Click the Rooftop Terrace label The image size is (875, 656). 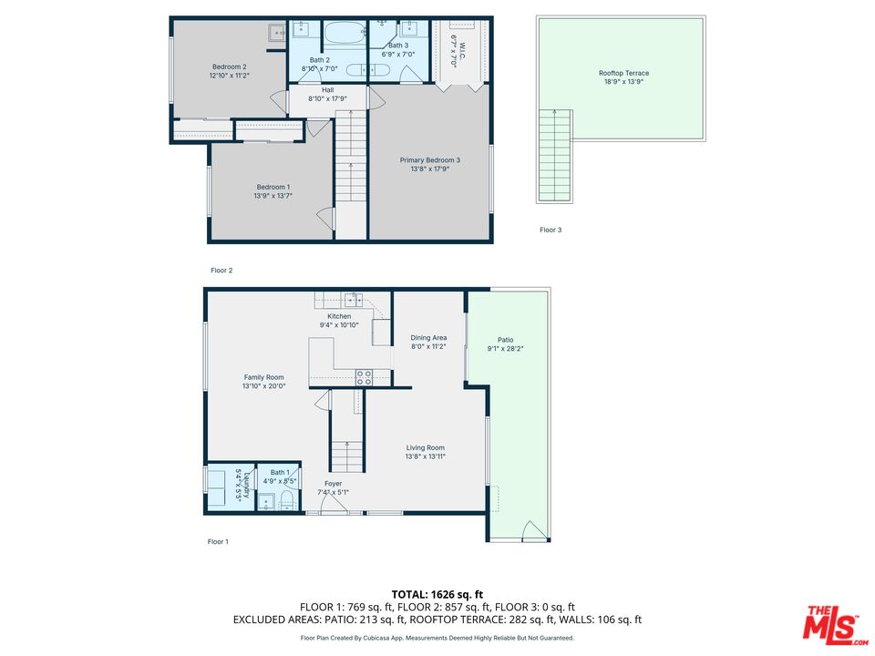click(623, 73)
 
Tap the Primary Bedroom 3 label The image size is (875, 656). click(429, 160)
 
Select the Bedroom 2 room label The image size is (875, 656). click(230, 67)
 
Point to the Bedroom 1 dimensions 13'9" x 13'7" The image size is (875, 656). click(273, 196)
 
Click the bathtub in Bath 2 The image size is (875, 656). click(345, 34)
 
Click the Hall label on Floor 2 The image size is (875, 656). click(327, 90)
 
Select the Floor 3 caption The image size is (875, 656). click(551, 230)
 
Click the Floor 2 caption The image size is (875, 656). click(221, 271)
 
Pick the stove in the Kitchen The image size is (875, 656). click(365, 377)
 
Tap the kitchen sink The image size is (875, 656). click(354, 300)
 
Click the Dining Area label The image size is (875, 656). click(428, 337)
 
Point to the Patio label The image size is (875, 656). click(506, 340)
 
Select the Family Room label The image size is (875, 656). click(264, 377)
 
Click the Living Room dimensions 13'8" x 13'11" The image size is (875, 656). click(426, 456)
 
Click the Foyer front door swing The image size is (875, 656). click(334, 503)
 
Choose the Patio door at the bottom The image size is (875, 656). click(534, 530)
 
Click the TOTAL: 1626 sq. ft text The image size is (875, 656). click(437, 595)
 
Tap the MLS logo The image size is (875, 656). click(835, 624)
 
